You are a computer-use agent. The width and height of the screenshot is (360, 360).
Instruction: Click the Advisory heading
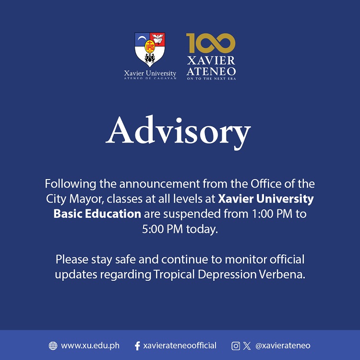179,132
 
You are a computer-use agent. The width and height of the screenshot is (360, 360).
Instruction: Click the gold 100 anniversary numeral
211,43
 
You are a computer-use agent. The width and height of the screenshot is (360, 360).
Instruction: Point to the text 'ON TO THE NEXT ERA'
211,78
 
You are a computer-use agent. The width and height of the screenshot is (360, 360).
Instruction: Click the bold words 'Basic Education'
97,214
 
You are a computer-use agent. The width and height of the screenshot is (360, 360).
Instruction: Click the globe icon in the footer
53,346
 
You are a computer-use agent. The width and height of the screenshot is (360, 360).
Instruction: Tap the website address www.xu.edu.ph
90,346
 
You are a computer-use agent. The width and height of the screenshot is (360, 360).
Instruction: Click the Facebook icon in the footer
137,346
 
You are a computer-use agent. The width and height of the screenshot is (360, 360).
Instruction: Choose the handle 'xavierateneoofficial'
180,346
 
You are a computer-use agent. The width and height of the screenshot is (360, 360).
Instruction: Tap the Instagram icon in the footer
236,346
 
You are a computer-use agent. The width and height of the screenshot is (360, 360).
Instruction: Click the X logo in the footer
247,346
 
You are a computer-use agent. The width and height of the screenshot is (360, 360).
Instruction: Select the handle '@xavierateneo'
283,346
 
